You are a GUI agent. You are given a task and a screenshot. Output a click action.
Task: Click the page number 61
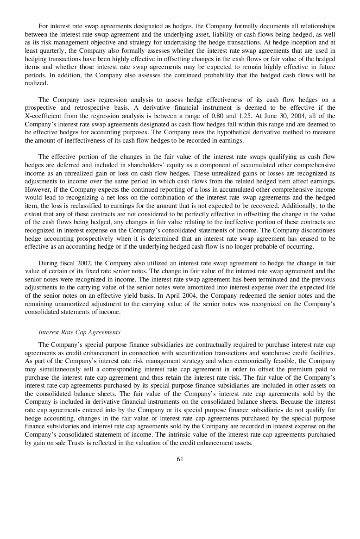180,459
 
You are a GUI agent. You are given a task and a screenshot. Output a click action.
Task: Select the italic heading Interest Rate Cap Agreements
79,332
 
